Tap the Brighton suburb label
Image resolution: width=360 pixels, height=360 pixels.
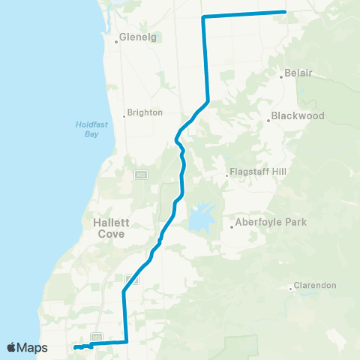click(145, 112)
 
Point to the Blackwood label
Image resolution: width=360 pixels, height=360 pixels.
click(298, 116)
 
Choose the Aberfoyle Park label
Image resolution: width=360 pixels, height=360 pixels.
click(271, 223)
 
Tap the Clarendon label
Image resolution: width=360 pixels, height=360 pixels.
click(316, 286)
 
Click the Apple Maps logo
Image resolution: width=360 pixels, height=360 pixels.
click(28, 348)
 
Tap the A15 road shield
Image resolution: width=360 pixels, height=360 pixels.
click(140, 174)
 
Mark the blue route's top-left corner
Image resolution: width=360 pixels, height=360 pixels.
click(203, 16)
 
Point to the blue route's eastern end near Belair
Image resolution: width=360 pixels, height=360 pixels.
click(285, 11)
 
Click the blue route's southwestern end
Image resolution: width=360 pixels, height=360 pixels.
click(75, 347)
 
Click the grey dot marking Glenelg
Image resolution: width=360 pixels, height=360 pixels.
click(116, 41)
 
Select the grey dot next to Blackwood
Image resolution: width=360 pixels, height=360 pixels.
click(268, 120)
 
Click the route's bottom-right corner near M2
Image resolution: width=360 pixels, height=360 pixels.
click(127, 342)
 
